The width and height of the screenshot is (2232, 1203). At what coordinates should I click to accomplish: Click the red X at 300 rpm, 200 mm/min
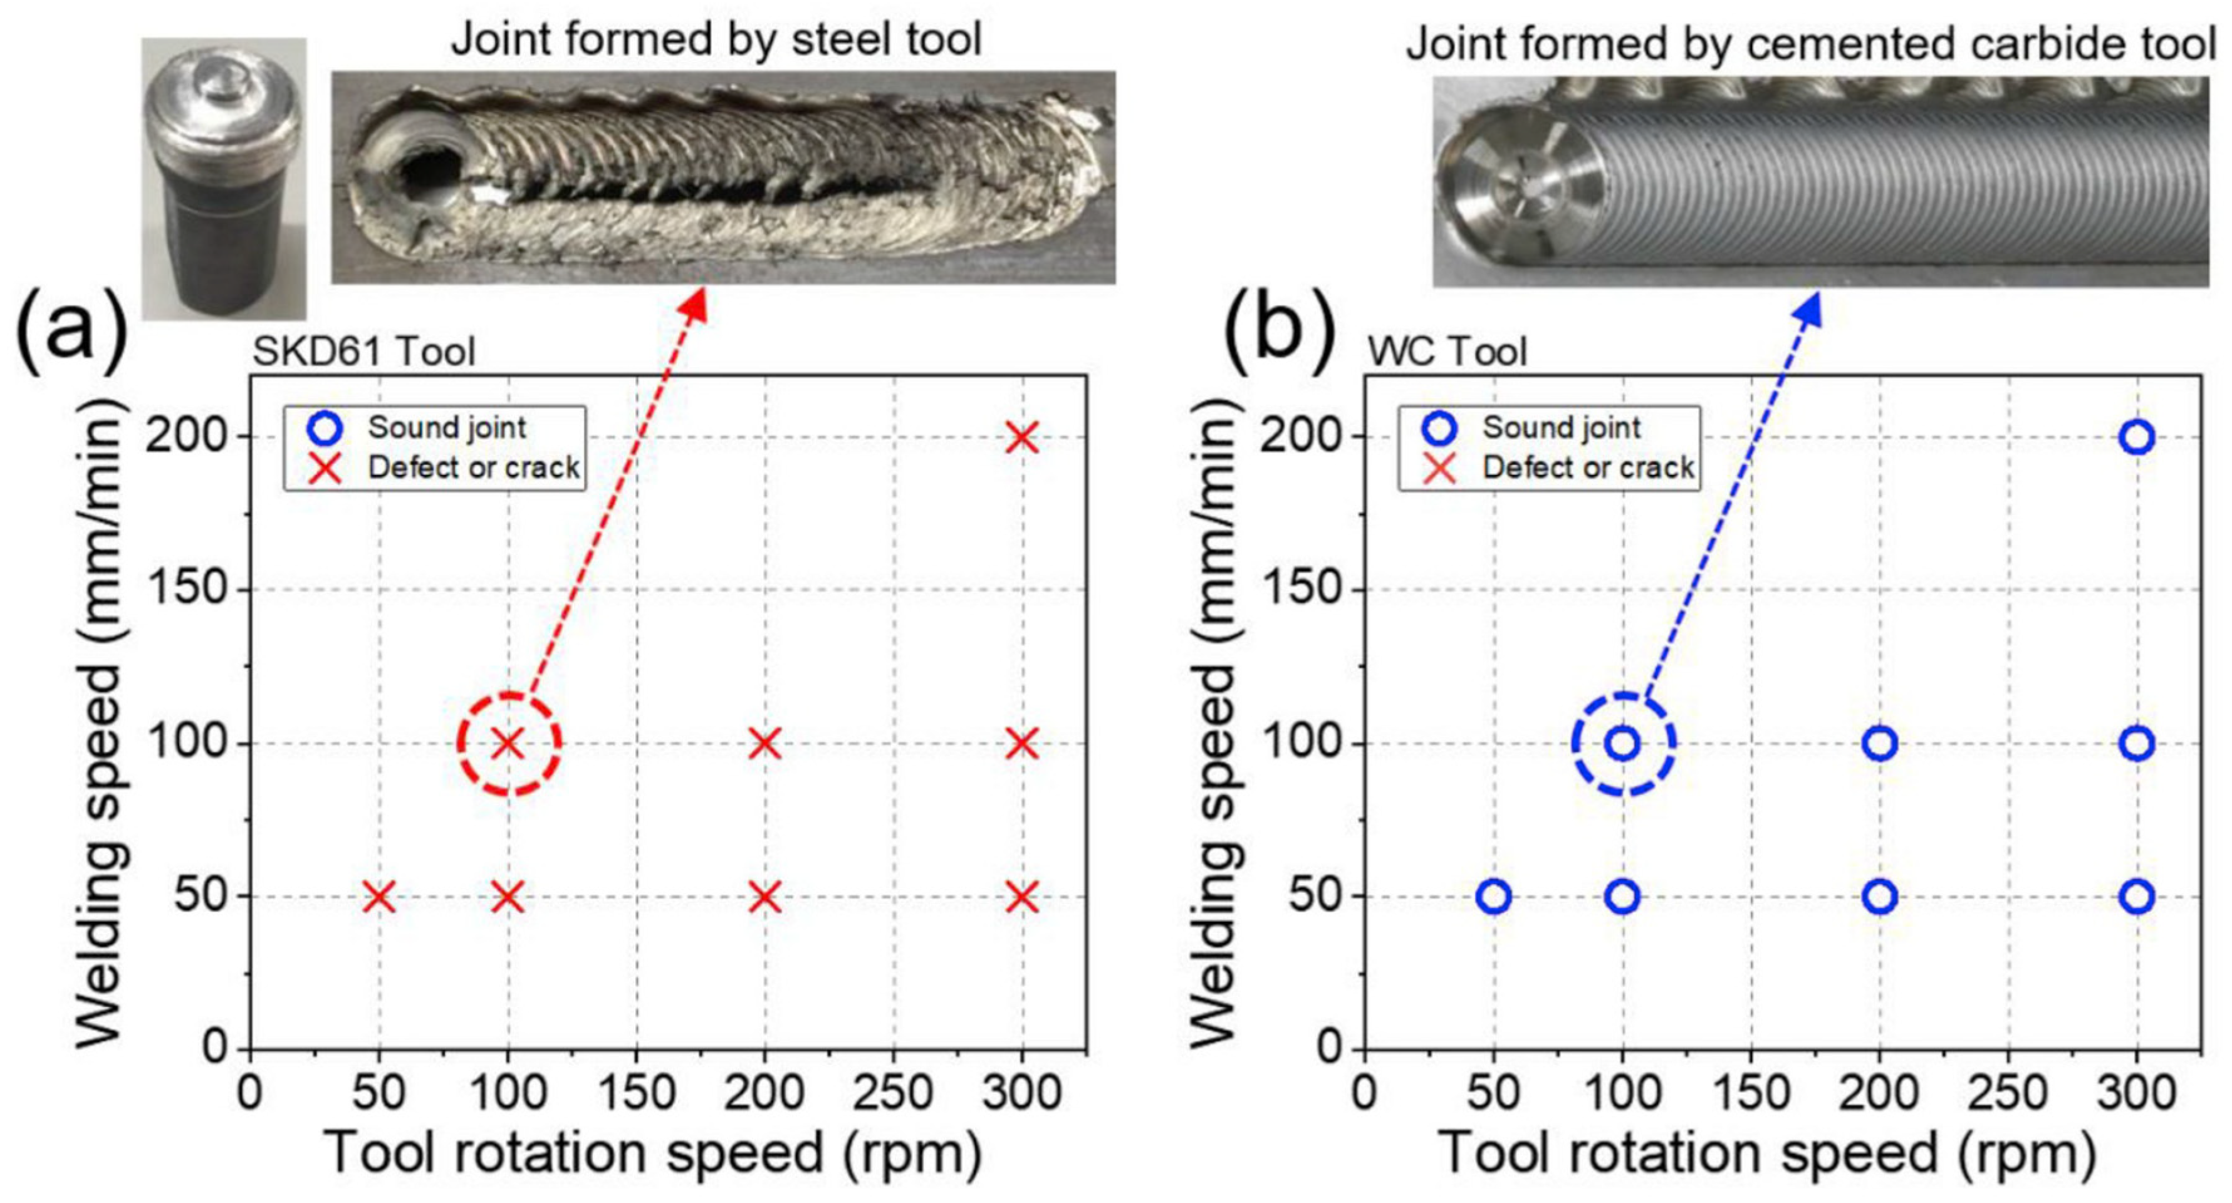(1023, 437)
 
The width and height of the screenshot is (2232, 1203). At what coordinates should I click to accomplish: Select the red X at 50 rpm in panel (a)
(378, 897)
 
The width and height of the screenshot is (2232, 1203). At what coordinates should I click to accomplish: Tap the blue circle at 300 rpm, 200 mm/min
(2137, 437)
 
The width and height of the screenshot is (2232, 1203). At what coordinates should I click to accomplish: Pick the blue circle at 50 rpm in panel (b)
(1494, 897)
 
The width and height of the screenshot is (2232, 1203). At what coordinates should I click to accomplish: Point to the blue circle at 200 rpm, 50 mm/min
(1879, 897)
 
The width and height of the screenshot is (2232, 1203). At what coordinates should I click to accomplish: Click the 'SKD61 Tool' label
(364, 352)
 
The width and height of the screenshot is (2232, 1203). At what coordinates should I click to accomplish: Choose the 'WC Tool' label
(1447, 352)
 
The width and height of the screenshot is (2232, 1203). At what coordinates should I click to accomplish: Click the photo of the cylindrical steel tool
(224, 177)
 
